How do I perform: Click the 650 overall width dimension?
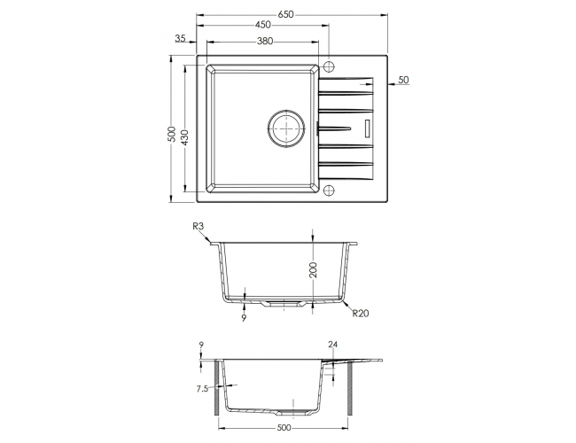click(285, 14)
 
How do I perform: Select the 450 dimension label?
click(263, 25)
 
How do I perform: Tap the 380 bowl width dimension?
click(265, 41)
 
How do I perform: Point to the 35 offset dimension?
click(181, 38)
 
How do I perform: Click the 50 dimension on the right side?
click(403, 80)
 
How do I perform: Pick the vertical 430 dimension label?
click(185, 137)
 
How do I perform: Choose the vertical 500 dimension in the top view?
click(172, 135)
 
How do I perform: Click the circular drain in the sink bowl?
click(286, 128)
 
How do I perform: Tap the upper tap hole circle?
click(329, 66)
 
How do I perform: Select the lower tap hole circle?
click(329, 190)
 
